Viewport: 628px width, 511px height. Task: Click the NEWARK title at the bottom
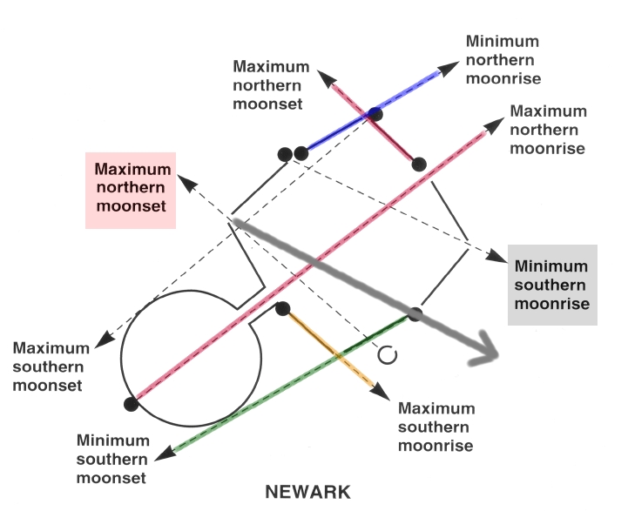point(307,492)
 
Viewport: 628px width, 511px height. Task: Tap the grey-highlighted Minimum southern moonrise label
point(551,285)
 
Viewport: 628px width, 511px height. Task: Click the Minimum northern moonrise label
point(503,60)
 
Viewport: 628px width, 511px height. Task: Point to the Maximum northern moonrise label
point(548,130)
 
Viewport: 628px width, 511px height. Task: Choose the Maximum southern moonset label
point(51,367)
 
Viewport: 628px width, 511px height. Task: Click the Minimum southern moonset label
point(112,459)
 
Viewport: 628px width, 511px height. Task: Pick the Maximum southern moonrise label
point(436,427)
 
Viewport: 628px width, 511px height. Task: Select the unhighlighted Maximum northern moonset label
point(271,85)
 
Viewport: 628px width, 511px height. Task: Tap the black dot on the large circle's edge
point(131,404)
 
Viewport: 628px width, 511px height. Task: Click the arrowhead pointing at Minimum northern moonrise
point(449,68)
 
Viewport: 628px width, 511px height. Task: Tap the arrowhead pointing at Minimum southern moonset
point(165,454)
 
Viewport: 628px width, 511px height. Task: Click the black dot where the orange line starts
point(283,308)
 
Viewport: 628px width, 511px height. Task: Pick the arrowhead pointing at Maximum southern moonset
point(105,340)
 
